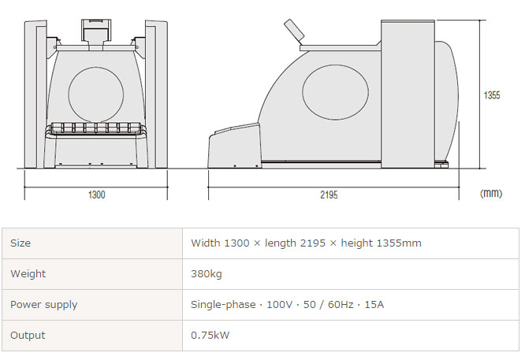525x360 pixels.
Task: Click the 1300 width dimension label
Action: tap(96, 195)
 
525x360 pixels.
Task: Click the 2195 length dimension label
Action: tap(329, 195)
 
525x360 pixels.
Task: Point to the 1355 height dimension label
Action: tap(492, 95)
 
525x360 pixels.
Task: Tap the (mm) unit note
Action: tap(491, 193)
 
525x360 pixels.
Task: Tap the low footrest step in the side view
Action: tap(234, 146)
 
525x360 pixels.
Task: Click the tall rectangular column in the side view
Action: tap(408, 94)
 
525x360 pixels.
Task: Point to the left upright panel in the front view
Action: tap(35, 94)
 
